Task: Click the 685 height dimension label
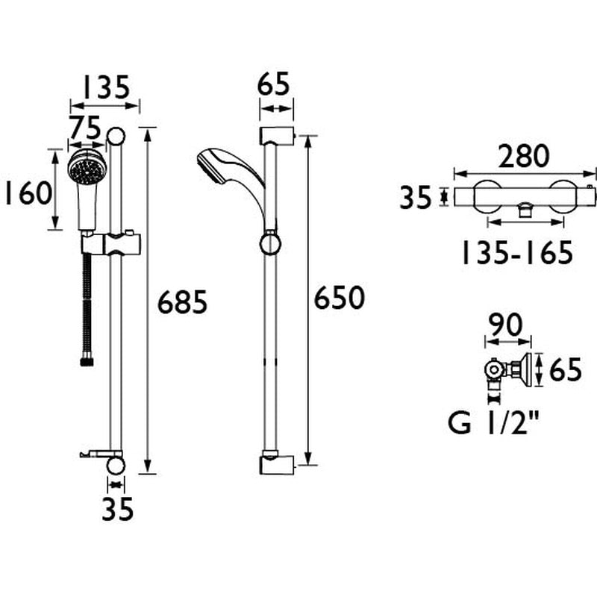[x=181, y=303]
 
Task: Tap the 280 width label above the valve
[x=523, y=157]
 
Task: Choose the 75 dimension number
[x=86, y=129]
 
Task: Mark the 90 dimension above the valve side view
[x=504, y=324]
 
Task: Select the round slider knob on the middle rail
[x=270, y=244]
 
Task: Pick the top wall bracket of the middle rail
[x=278, y=137]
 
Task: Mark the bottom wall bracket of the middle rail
[x=278, y=466]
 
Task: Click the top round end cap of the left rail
[x=116, y=136]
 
